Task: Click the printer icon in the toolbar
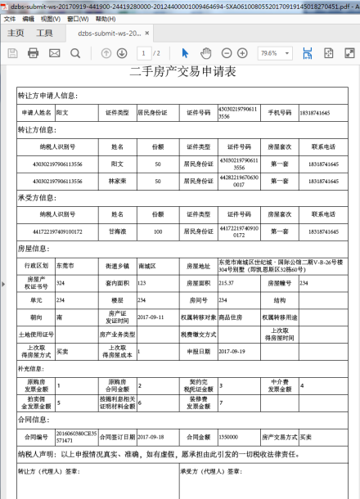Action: click(34, 53)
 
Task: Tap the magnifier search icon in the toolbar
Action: click(75, 53)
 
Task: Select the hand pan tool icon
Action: click(207, 53)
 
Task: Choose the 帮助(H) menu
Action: click(105, 18)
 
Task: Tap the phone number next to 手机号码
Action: click(314, 112)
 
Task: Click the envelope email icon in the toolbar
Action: click(54, 53)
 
